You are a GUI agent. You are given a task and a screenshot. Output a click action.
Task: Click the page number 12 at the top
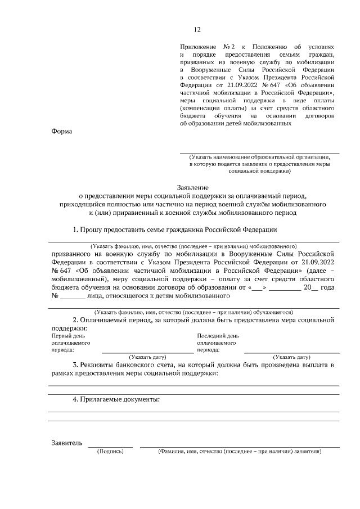(x=197, y=30)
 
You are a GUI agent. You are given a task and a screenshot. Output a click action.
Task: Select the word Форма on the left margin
(x=62, y=131)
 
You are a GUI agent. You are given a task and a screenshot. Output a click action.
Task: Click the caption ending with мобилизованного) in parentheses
(x=193, y=246)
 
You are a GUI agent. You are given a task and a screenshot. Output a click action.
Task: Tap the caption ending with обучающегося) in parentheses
(x=193, y=312)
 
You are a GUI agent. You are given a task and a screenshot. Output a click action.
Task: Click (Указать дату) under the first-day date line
(x=148, y=357)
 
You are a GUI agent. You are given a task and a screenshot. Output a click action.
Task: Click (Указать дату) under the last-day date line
(x=291, y=357)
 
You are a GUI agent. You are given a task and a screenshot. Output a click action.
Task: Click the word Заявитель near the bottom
(x=67, y=443)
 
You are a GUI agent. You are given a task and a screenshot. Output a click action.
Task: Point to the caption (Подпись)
(x=110, y=452)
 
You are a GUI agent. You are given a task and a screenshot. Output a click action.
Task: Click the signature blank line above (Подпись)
(x=110, y=447)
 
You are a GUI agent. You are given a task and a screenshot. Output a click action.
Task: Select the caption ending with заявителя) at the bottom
(x=240, y=452)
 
